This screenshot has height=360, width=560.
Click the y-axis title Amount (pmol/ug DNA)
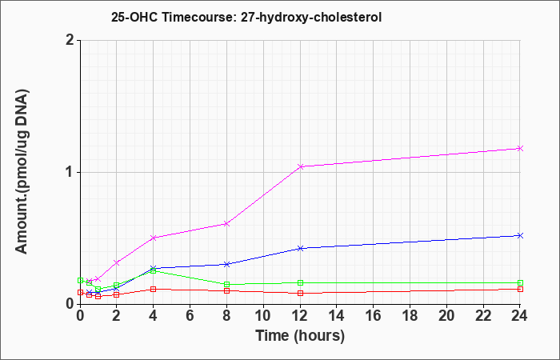(22, 172)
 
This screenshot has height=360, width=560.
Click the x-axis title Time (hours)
(300, 336)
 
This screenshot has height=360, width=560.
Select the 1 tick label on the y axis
(70, 173)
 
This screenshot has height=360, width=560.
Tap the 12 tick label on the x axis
(300, 316)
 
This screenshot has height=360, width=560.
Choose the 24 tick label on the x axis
(520, 316)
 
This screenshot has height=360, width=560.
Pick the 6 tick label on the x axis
(190, 316)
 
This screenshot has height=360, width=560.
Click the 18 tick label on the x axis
(410, 316)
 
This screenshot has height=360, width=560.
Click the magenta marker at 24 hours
(520, 148)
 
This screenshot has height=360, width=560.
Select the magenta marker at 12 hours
(300, 166)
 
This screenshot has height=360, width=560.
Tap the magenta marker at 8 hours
(226, 223)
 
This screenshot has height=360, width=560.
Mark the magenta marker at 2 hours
(117, 262)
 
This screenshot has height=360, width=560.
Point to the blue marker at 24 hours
(520, 235)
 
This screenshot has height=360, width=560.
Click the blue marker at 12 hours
(300, 248)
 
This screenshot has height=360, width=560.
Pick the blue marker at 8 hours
(226, 264)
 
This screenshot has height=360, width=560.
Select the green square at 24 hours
(520, 282)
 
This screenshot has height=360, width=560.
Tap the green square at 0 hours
(80, 280)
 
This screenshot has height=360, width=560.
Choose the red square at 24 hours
(520, 289)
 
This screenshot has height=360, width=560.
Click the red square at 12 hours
(300, 294)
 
